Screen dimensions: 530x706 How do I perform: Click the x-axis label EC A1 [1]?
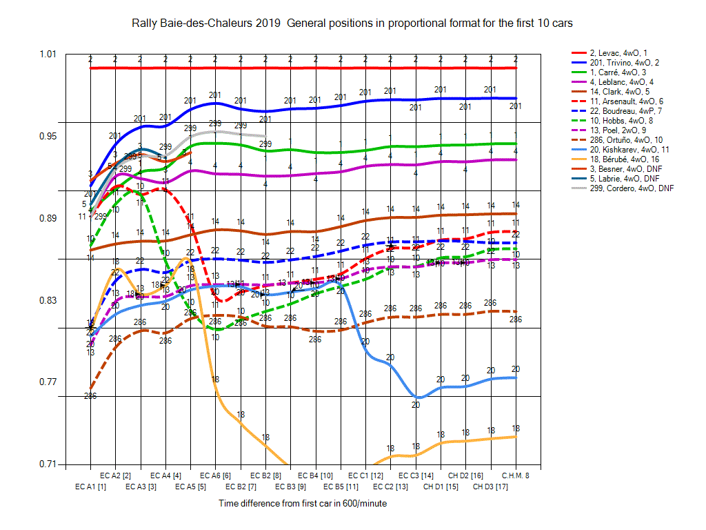tap(90, 487)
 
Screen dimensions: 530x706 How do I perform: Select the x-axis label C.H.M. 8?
tap(515, 475)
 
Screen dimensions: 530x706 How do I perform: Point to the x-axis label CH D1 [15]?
tap(441, 487)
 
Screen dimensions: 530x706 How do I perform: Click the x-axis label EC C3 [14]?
tap(416, 475)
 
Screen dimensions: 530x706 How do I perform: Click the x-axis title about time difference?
tap(303, 504)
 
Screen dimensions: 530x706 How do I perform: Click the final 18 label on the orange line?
tap(516, 429)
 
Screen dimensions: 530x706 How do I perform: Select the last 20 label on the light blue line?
tap(516, 369)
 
